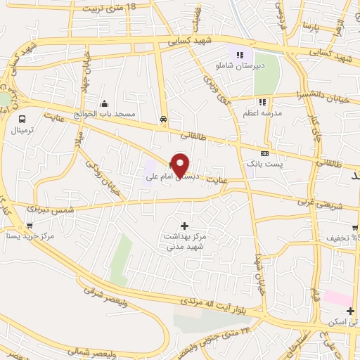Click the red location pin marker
[x=181, y=165]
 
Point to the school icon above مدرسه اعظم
[x=263, y=102]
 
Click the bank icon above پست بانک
[x=264, y=153]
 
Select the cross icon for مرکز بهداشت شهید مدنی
[x=184, y=226]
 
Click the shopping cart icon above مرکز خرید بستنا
[x=29, y=226]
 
